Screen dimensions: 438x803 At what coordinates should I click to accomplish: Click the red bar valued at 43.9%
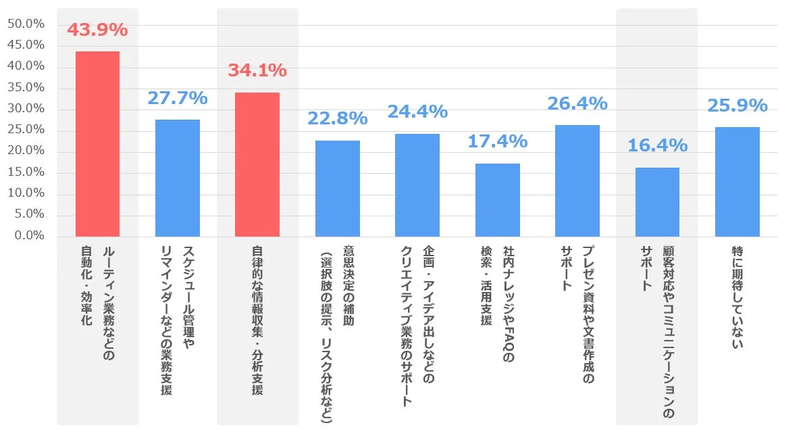point(97,144)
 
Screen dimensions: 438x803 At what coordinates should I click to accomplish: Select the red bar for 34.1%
point(257,164)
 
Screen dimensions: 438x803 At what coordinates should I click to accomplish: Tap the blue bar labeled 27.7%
point(178,178)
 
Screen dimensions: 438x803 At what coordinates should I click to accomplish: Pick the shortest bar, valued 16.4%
point(657,202)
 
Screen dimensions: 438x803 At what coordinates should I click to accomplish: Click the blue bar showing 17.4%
point(498,200)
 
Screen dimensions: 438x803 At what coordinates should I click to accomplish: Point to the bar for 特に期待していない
point(737,182)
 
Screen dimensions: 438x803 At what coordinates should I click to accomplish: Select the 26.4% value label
point(577,103)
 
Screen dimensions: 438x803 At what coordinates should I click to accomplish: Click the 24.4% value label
point(417,112)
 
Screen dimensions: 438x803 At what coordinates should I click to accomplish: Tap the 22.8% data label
point(338,118)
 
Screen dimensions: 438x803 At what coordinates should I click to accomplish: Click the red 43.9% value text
point(97,30)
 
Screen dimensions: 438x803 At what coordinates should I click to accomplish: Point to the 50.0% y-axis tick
point(26,24)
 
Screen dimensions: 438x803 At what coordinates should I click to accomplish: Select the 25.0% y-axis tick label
point(26,130)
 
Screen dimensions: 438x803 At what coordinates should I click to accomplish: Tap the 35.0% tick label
point(26,88)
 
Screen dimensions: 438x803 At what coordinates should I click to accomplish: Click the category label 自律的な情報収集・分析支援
point(257,320)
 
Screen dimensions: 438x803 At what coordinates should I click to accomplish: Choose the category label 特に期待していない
point(737,297)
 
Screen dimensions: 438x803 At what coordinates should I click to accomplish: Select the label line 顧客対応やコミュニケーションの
point(668,331)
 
